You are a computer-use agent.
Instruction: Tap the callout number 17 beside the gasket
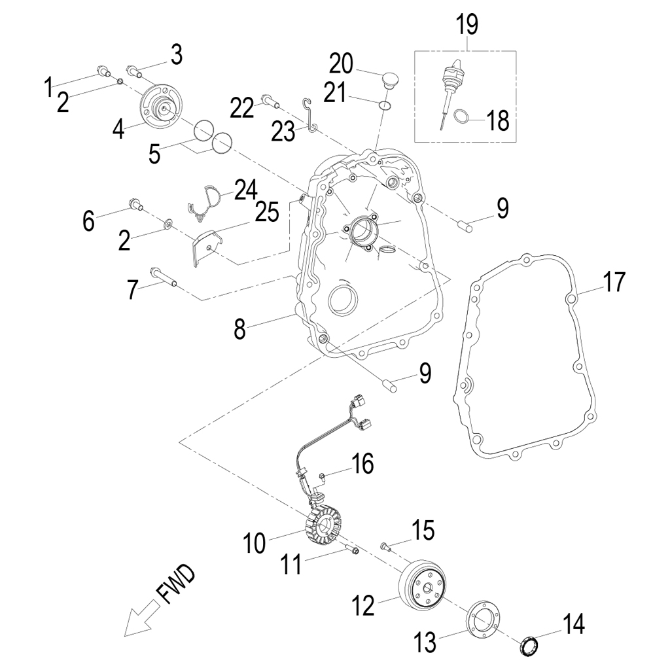[x=614, y=283]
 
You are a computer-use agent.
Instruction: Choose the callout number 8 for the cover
[x=240, y=328]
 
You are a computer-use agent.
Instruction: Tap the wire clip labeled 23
[x=309, y=115]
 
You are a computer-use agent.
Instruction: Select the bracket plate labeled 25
[x=206, y=247]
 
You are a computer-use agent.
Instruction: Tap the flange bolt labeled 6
[x=136, y=205]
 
